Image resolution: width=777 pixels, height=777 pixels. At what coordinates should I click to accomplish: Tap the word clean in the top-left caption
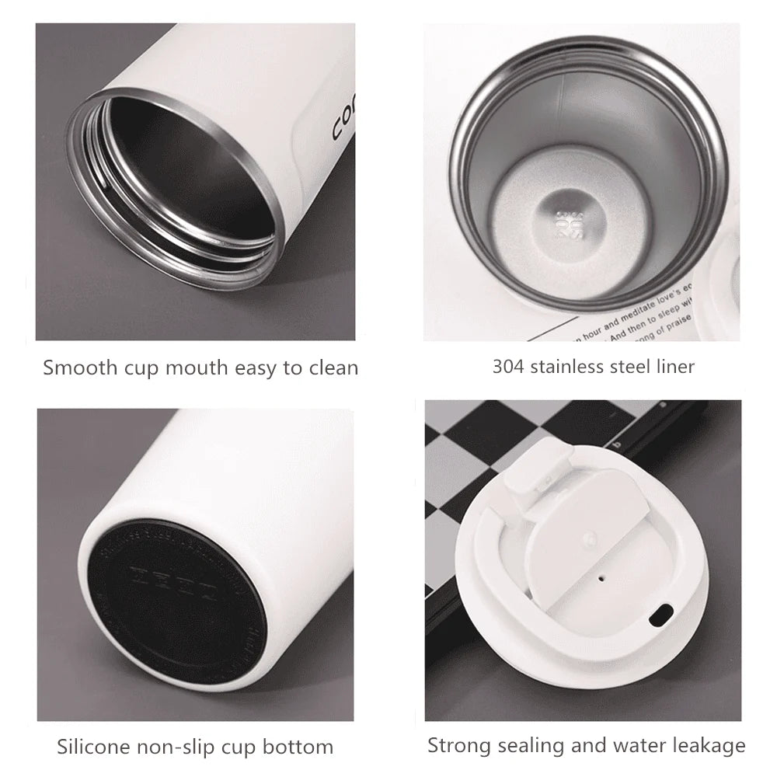pos(333,367)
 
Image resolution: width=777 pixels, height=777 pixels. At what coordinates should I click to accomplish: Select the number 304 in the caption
pos(508,366)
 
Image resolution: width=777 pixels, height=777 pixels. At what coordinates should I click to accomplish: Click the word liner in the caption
pos(673,366)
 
